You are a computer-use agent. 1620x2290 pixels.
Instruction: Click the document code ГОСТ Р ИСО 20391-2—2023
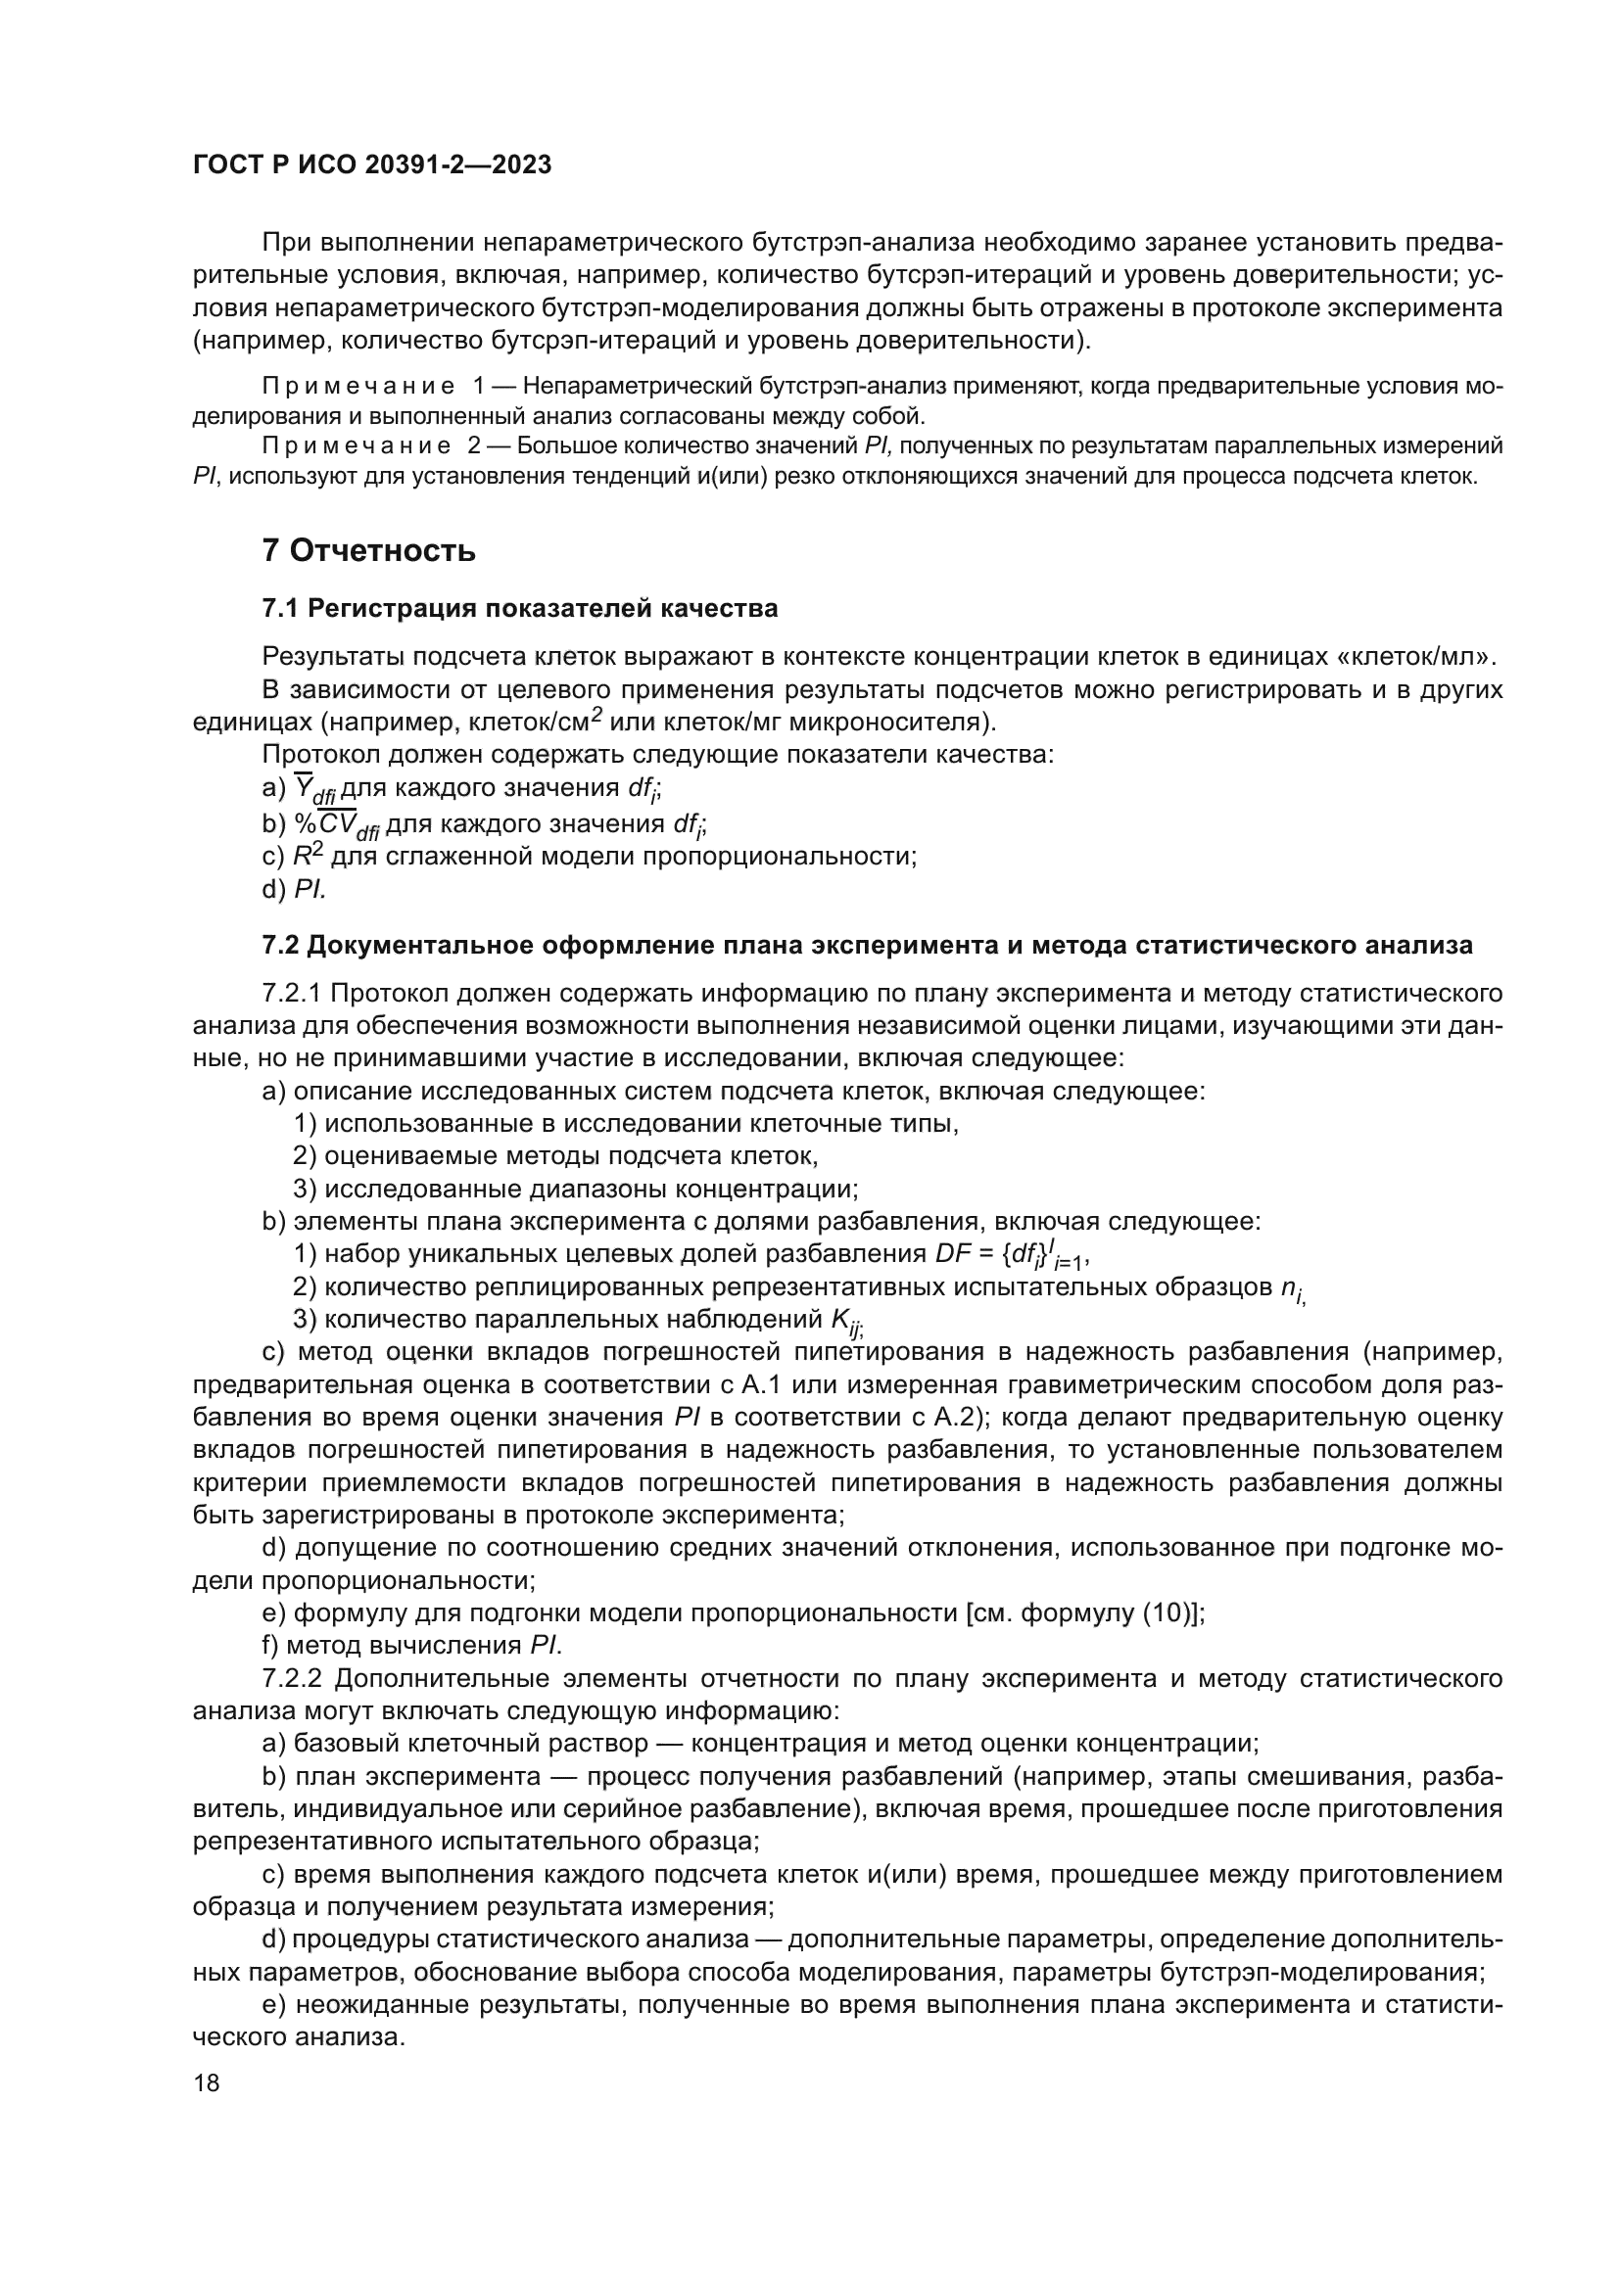[x=372, y=165]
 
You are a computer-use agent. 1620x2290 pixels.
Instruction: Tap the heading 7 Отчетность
[x=368, y=550]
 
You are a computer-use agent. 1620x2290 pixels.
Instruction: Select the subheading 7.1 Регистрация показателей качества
[x=520, y=608]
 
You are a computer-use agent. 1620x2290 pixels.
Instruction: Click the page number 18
[x=207, y=2082]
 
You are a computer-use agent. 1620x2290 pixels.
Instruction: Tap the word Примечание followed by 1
[x=358, y=386]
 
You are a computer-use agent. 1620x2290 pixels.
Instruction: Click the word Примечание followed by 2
[x=358, y=445]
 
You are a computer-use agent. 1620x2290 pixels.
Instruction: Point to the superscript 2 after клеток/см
[x=596, y=713]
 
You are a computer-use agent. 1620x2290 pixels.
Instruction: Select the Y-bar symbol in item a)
[x=302, y=788]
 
